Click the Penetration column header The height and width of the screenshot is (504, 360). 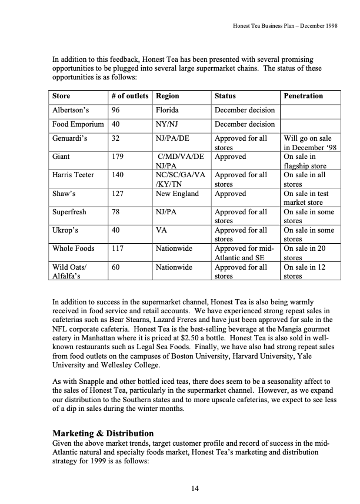pyautogui.click(x=303, y=96)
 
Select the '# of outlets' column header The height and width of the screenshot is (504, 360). pyautogui.click(x=129, y=96)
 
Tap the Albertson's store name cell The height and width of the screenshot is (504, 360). pyautogui.click(x=69, y=110)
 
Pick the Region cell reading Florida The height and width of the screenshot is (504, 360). pyautogui.click(x=168, y=110)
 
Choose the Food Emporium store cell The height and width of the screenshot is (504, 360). pyautogui.click(x=78, y=124)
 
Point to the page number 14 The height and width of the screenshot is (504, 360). pyautogui.click(x=196, y=488)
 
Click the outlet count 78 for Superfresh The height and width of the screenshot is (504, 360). pyautogui.click(x=115, y=212)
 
